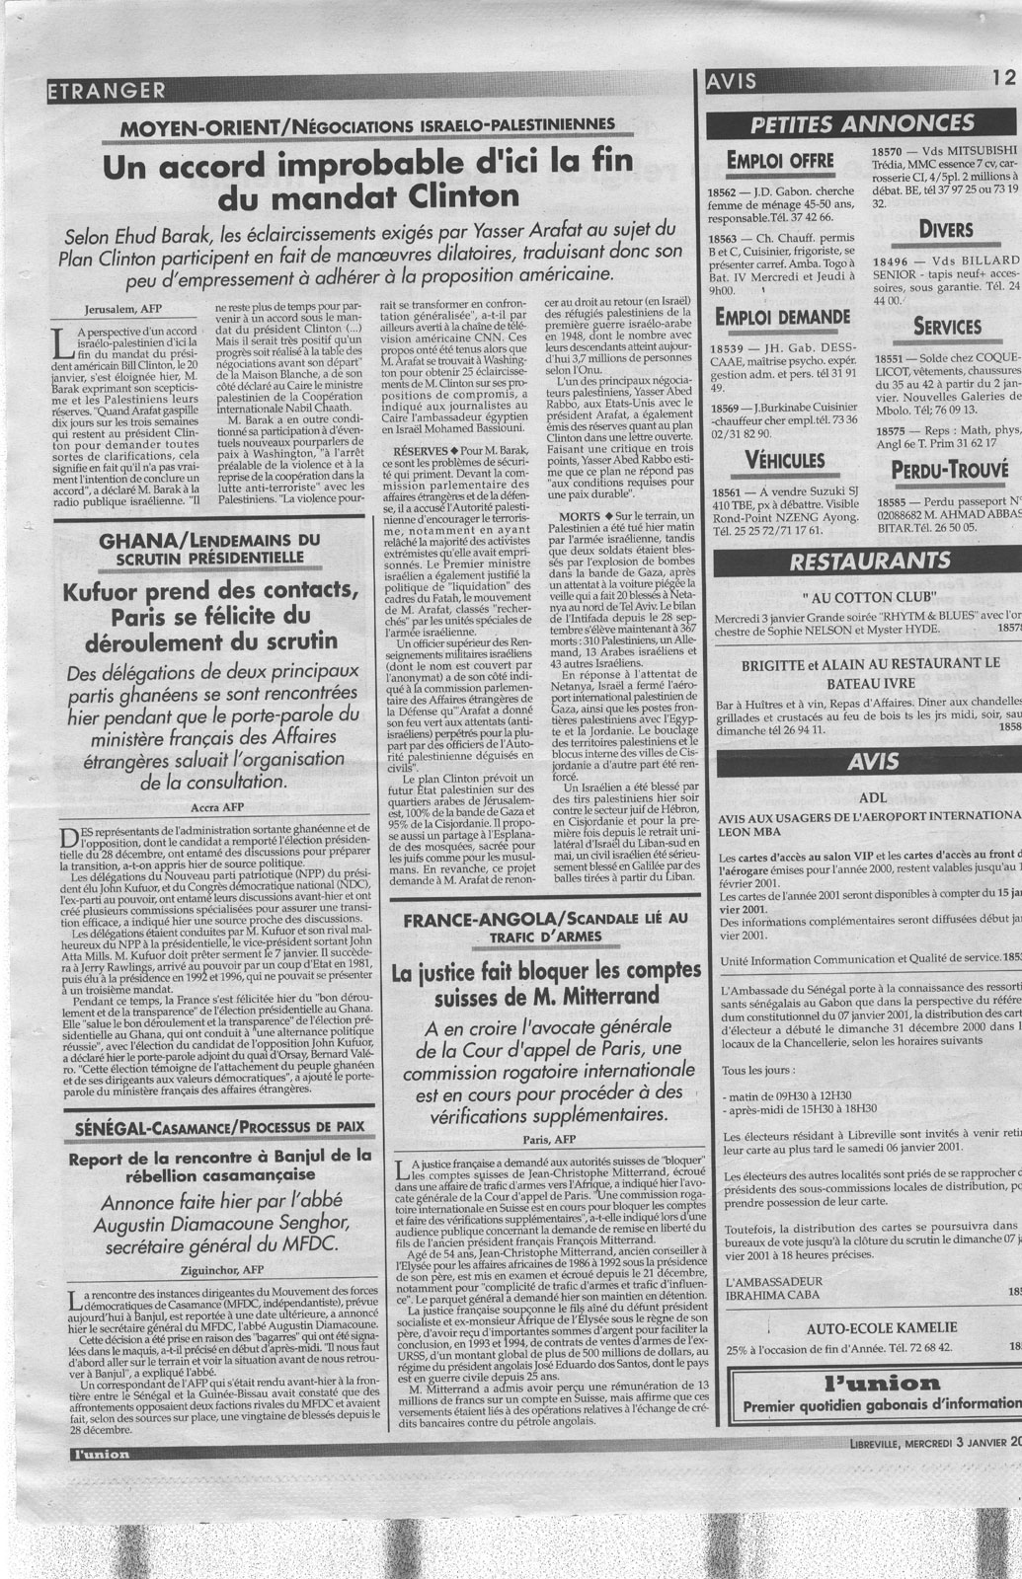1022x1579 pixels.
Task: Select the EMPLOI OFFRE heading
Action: [x=779, y=162]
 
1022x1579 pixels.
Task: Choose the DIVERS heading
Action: [x=946, y=230]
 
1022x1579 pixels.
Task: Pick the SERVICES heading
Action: [x=946, y=326]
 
